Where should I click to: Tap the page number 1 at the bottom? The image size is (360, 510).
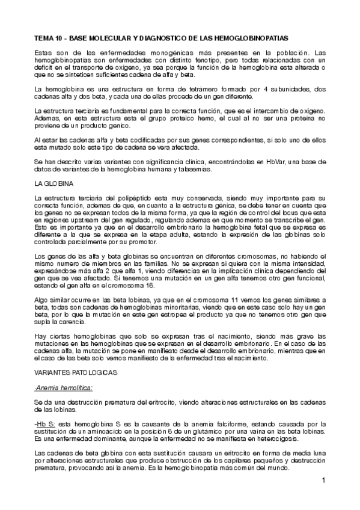point(323,480)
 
